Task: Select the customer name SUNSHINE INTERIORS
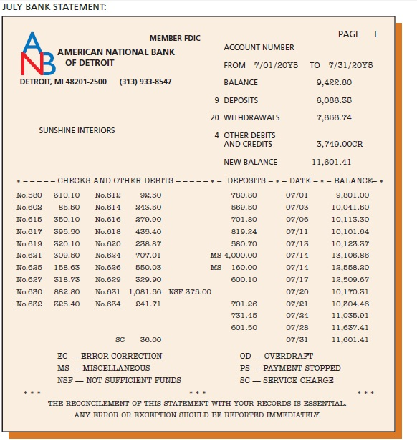click(x=77, y=131)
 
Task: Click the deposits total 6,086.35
click(x=333, y=100)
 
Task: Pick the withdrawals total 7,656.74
click(x=333, y=117)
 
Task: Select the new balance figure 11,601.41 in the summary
click(x=332, y=162)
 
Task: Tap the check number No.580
click(x=29, y=195)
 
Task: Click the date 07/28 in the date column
click(x=297, y=327)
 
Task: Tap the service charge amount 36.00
click(x=150, y=339)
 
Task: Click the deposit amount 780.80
click(x=244, y=195)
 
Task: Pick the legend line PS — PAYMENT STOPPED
click(x=290, y=368)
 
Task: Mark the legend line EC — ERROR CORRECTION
click(x=110, y=356)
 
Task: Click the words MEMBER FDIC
click(x=175, y=38)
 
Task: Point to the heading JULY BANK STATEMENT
click(x=54, y=6)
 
